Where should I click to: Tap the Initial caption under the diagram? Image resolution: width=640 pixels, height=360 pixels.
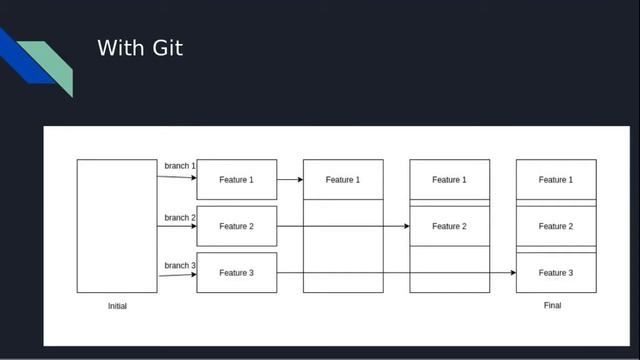(x=117, y=306)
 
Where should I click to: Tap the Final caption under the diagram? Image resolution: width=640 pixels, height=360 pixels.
(x=552, y=306)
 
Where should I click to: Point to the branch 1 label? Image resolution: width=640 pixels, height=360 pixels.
(x=180, y=165)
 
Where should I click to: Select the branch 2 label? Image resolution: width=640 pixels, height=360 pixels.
(x=180, y=217)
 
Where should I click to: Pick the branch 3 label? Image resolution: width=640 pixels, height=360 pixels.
(x=180, y=265)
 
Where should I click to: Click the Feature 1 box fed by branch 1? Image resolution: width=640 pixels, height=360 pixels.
(x=236, y=180)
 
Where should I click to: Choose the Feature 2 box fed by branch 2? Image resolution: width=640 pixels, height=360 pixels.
(x=236, y=226)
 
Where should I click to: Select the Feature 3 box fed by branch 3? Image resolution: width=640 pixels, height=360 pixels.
(x=236, y=273)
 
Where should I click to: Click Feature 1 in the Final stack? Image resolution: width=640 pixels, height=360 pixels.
(x=556, y=180)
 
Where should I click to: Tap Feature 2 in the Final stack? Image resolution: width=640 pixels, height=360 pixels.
(x=556, y=226)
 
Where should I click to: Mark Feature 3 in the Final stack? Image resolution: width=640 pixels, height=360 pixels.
(x=556, y=273)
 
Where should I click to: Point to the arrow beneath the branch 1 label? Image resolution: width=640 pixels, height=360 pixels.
(x=176, y=177)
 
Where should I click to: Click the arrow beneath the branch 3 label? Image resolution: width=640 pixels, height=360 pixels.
(x=176, y=275)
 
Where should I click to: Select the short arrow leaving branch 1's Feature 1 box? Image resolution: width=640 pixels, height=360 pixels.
(x=290, y=180)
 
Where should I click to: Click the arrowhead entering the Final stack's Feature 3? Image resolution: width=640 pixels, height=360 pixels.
(x=512, y=273)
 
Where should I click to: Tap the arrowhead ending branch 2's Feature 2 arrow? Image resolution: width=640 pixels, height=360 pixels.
(x=406, y=226)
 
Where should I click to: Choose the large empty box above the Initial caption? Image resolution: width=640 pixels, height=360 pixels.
(x=117, y=226)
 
